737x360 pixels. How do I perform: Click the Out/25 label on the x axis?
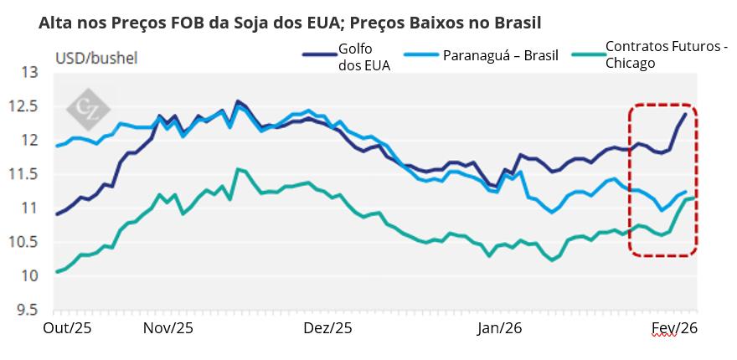67,329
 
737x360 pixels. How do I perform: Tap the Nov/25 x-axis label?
169,329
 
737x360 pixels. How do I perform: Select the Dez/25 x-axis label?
327,329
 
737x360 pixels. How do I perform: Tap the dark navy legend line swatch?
318,54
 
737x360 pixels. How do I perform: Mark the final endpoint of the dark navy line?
686,114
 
